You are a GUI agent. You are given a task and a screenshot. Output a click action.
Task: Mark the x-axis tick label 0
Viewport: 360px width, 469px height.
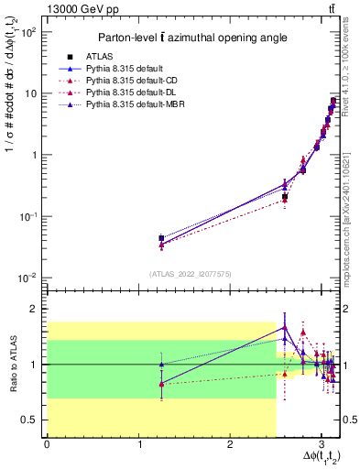tap(47, 445)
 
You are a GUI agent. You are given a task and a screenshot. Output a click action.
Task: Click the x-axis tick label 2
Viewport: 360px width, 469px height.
tap(230, 445)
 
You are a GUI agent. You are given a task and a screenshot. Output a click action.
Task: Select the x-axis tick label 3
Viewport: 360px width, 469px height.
tap(321, 445)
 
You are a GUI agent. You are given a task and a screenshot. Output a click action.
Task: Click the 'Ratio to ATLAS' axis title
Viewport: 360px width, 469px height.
tap(13, 364)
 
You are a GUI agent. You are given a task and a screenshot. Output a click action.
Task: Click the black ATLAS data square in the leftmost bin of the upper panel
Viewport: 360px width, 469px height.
tap(161, 238)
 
